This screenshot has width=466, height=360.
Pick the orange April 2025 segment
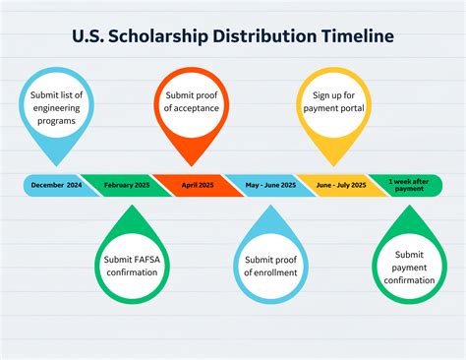click(197, 185)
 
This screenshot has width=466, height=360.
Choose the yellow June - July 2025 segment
click(338, 185)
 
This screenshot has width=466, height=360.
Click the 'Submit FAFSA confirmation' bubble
click(132, 266)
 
